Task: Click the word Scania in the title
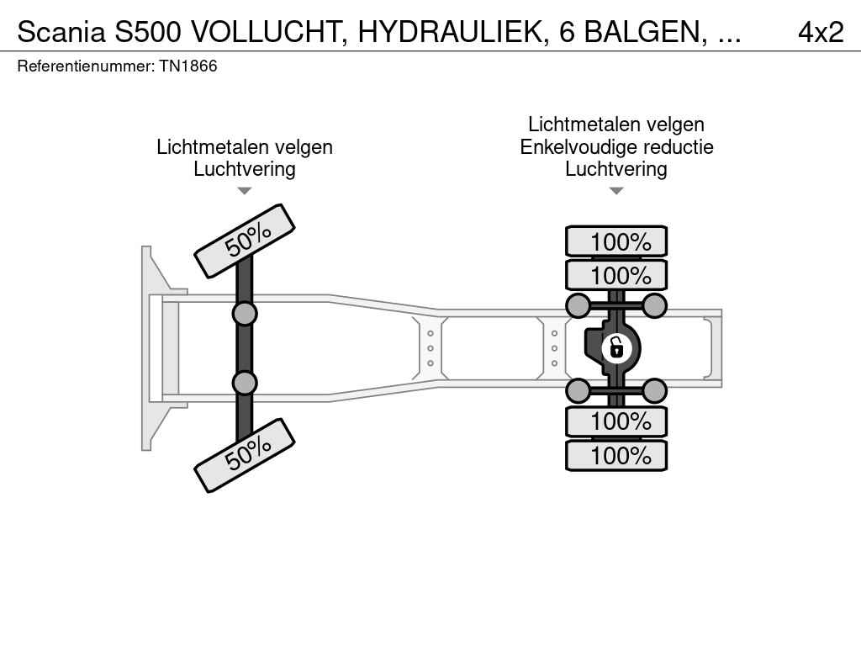[x=61, y=33]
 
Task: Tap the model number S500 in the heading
[x=148, y=33]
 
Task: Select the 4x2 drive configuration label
[x=821, y=33]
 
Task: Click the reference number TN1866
[x=188, y=66]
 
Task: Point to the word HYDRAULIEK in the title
[x=452, y=33]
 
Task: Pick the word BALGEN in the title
[x=645, y=33]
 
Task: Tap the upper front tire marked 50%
[x=245, y=241]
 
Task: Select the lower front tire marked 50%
[x=245, y=455]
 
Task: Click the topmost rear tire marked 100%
[x=616, y=241]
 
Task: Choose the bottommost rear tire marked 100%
[x=616, y=455]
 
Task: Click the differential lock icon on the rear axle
[x=616, y=348]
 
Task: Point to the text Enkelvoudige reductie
[x=616, y=146]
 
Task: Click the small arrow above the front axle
[x=245, y=191]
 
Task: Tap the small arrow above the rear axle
[x=616, y=191]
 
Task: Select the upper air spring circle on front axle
[x=245, y=315]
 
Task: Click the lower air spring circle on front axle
[x=245, y=383]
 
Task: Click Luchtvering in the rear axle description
[x=616, y=169]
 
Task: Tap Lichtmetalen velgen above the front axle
[x=245, y=147]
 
